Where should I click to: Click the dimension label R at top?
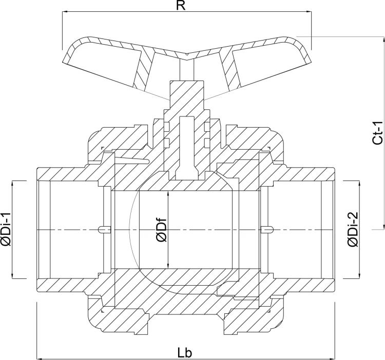tap(181, 6)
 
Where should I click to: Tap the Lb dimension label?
tap(185, 353)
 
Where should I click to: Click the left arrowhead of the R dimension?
tap(65, 11)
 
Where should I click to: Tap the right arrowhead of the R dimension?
tap(309, 11)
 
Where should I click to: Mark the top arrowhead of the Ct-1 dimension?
tap(383, 39)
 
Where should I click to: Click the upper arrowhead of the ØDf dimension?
tap(168, 194)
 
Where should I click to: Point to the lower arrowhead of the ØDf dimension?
tap(168, 265)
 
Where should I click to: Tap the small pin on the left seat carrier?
tap(105, 230)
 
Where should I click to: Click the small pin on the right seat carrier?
tap(266, 230)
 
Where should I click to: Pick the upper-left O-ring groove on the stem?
tap(167, 127)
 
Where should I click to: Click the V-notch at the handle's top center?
tap(187, 54)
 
